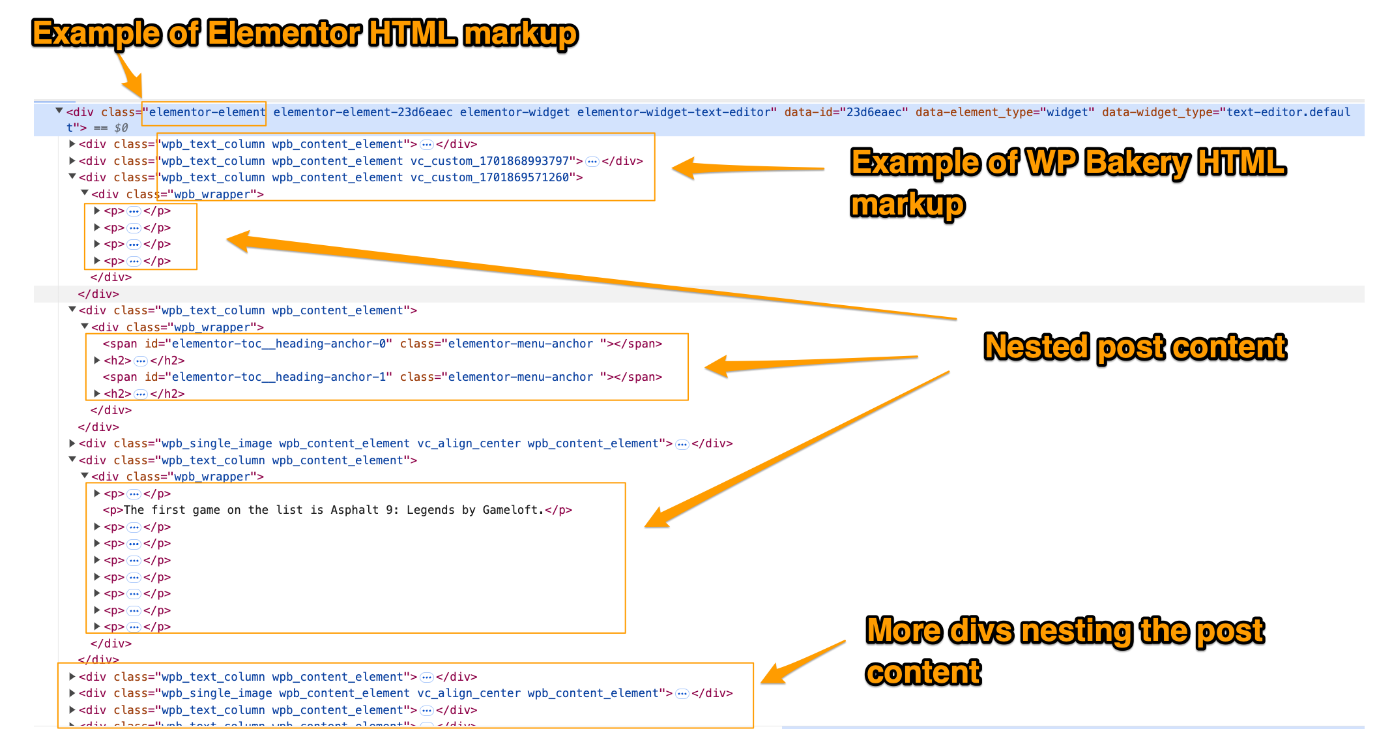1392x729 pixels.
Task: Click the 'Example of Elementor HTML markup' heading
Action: coord(304,34)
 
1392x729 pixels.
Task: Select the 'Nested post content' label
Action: coord(1135,347)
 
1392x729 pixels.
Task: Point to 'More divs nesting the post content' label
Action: coord(1064,651)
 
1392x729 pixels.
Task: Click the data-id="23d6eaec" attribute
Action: coord(845,112)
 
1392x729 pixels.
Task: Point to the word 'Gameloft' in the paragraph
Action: coord(512,510)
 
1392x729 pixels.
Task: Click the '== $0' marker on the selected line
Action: coord(111,128)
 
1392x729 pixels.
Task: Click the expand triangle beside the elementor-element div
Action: coord(59,112)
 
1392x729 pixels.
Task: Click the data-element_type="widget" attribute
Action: coord(1004,112)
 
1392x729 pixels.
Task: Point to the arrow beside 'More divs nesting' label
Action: coord(802,663)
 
